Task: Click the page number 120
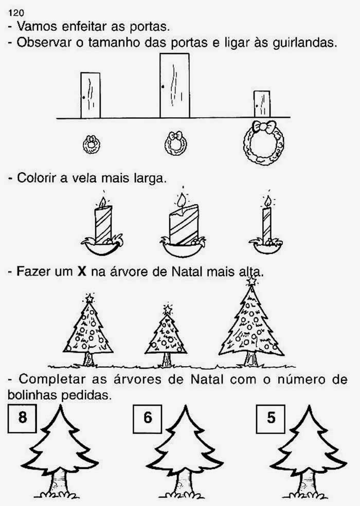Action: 16,13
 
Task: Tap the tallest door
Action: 175,85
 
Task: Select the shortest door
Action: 262,104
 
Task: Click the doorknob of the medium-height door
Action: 84,97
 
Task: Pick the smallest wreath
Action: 92,144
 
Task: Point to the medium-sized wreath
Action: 176,143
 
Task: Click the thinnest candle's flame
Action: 267,201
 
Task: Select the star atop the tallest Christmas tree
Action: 251,281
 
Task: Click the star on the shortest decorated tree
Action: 168,310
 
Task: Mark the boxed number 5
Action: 271,418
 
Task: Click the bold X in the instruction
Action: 82,272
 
